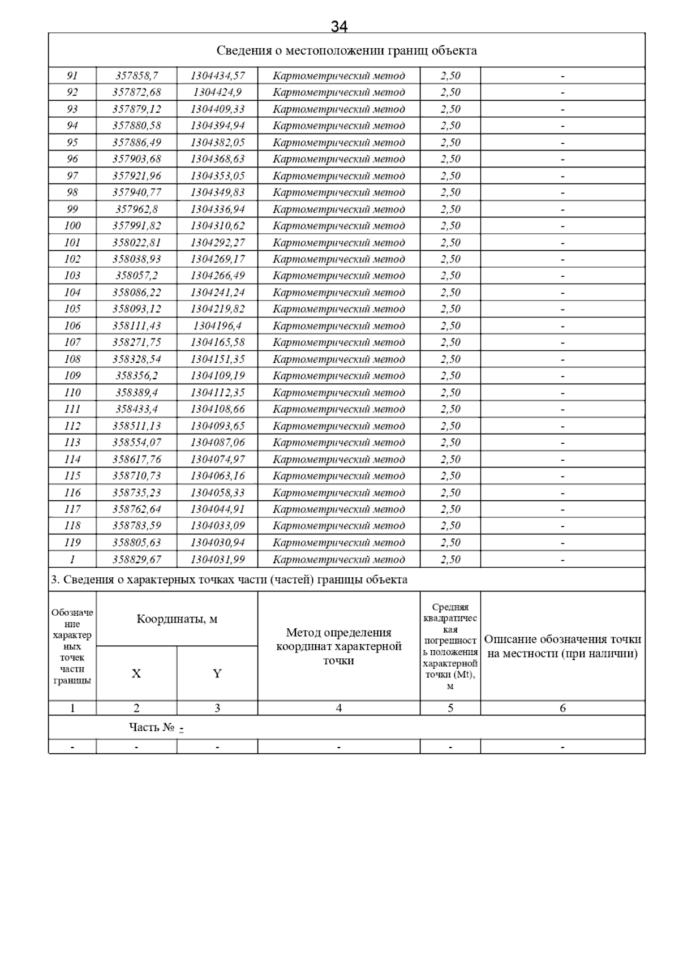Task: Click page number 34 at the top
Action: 339,26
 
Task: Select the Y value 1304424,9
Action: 217,92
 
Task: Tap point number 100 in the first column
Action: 72,226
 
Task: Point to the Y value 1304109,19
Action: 217,376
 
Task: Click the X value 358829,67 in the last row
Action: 136,559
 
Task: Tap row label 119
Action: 72,543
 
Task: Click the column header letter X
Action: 136,673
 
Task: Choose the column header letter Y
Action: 217,673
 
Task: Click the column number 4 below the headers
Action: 338,708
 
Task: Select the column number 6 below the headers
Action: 562,708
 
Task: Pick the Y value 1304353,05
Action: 217,176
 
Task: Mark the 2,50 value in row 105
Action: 450,309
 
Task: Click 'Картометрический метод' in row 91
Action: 338,76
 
